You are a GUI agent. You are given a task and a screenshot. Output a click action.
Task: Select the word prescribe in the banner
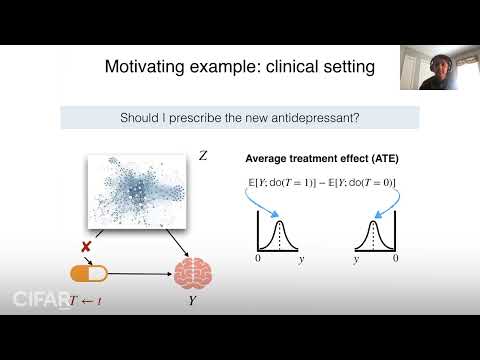(x=196, y=116)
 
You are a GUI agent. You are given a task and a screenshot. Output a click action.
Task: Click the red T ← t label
(x=90, y=298)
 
